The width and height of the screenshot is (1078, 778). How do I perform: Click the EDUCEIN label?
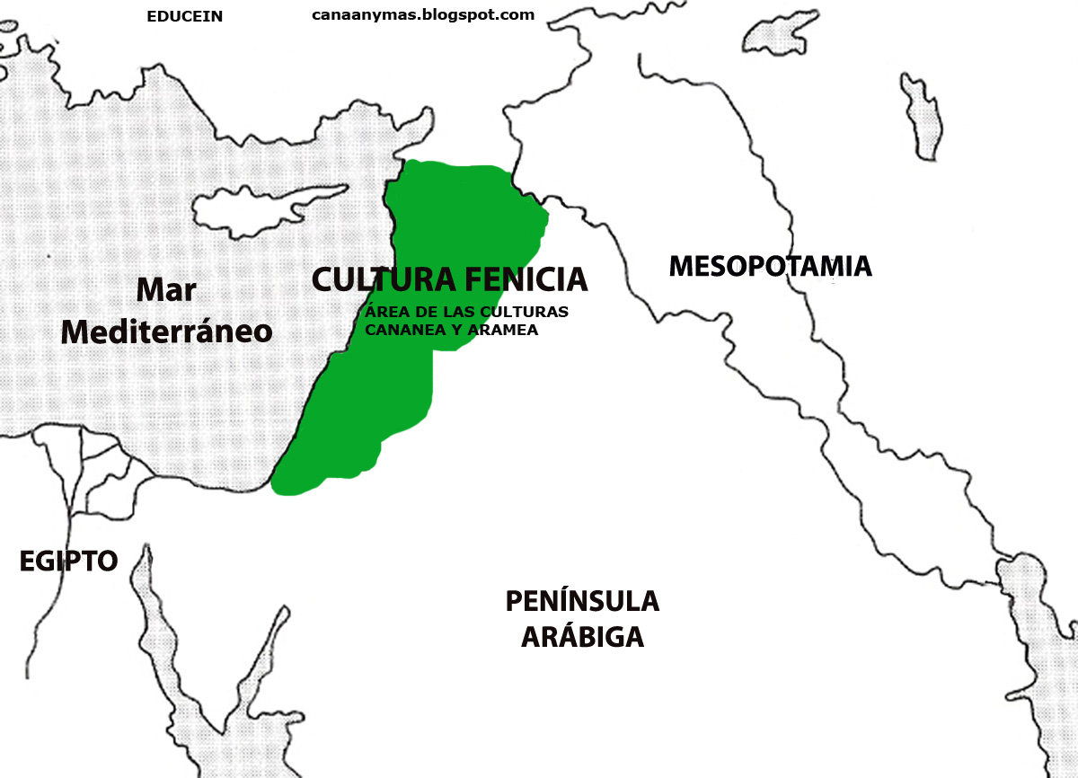[x=184, y=16]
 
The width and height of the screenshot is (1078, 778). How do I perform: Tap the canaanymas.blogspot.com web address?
[x=423, y=14]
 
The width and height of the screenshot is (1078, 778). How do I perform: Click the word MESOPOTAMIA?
[x=770, y=266]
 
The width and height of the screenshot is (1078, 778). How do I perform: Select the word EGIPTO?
[x=68, y=561]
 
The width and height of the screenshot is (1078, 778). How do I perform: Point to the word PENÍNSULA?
[x=582, y=601]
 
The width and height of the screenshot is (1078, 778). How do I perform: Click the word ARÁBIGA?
[x=582, y=637]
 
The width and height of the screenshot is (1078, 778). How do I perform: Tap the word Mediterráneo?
[x=166, y=332]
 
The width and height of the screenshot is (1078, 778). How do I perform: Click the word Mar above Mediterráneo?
[x=166, y=291]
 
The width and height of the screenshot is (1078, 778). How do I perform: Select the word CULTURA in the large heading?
[x=383, y=279]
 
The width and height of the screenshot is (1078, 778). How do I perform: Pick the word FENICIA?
[x=526, y=279]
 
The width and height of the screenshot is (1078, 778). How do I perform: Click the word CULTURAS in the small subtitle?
[x=530, y=313]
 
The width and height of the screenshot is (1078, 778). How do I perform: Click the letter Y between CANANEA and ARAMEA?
[x=451, y=330]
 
